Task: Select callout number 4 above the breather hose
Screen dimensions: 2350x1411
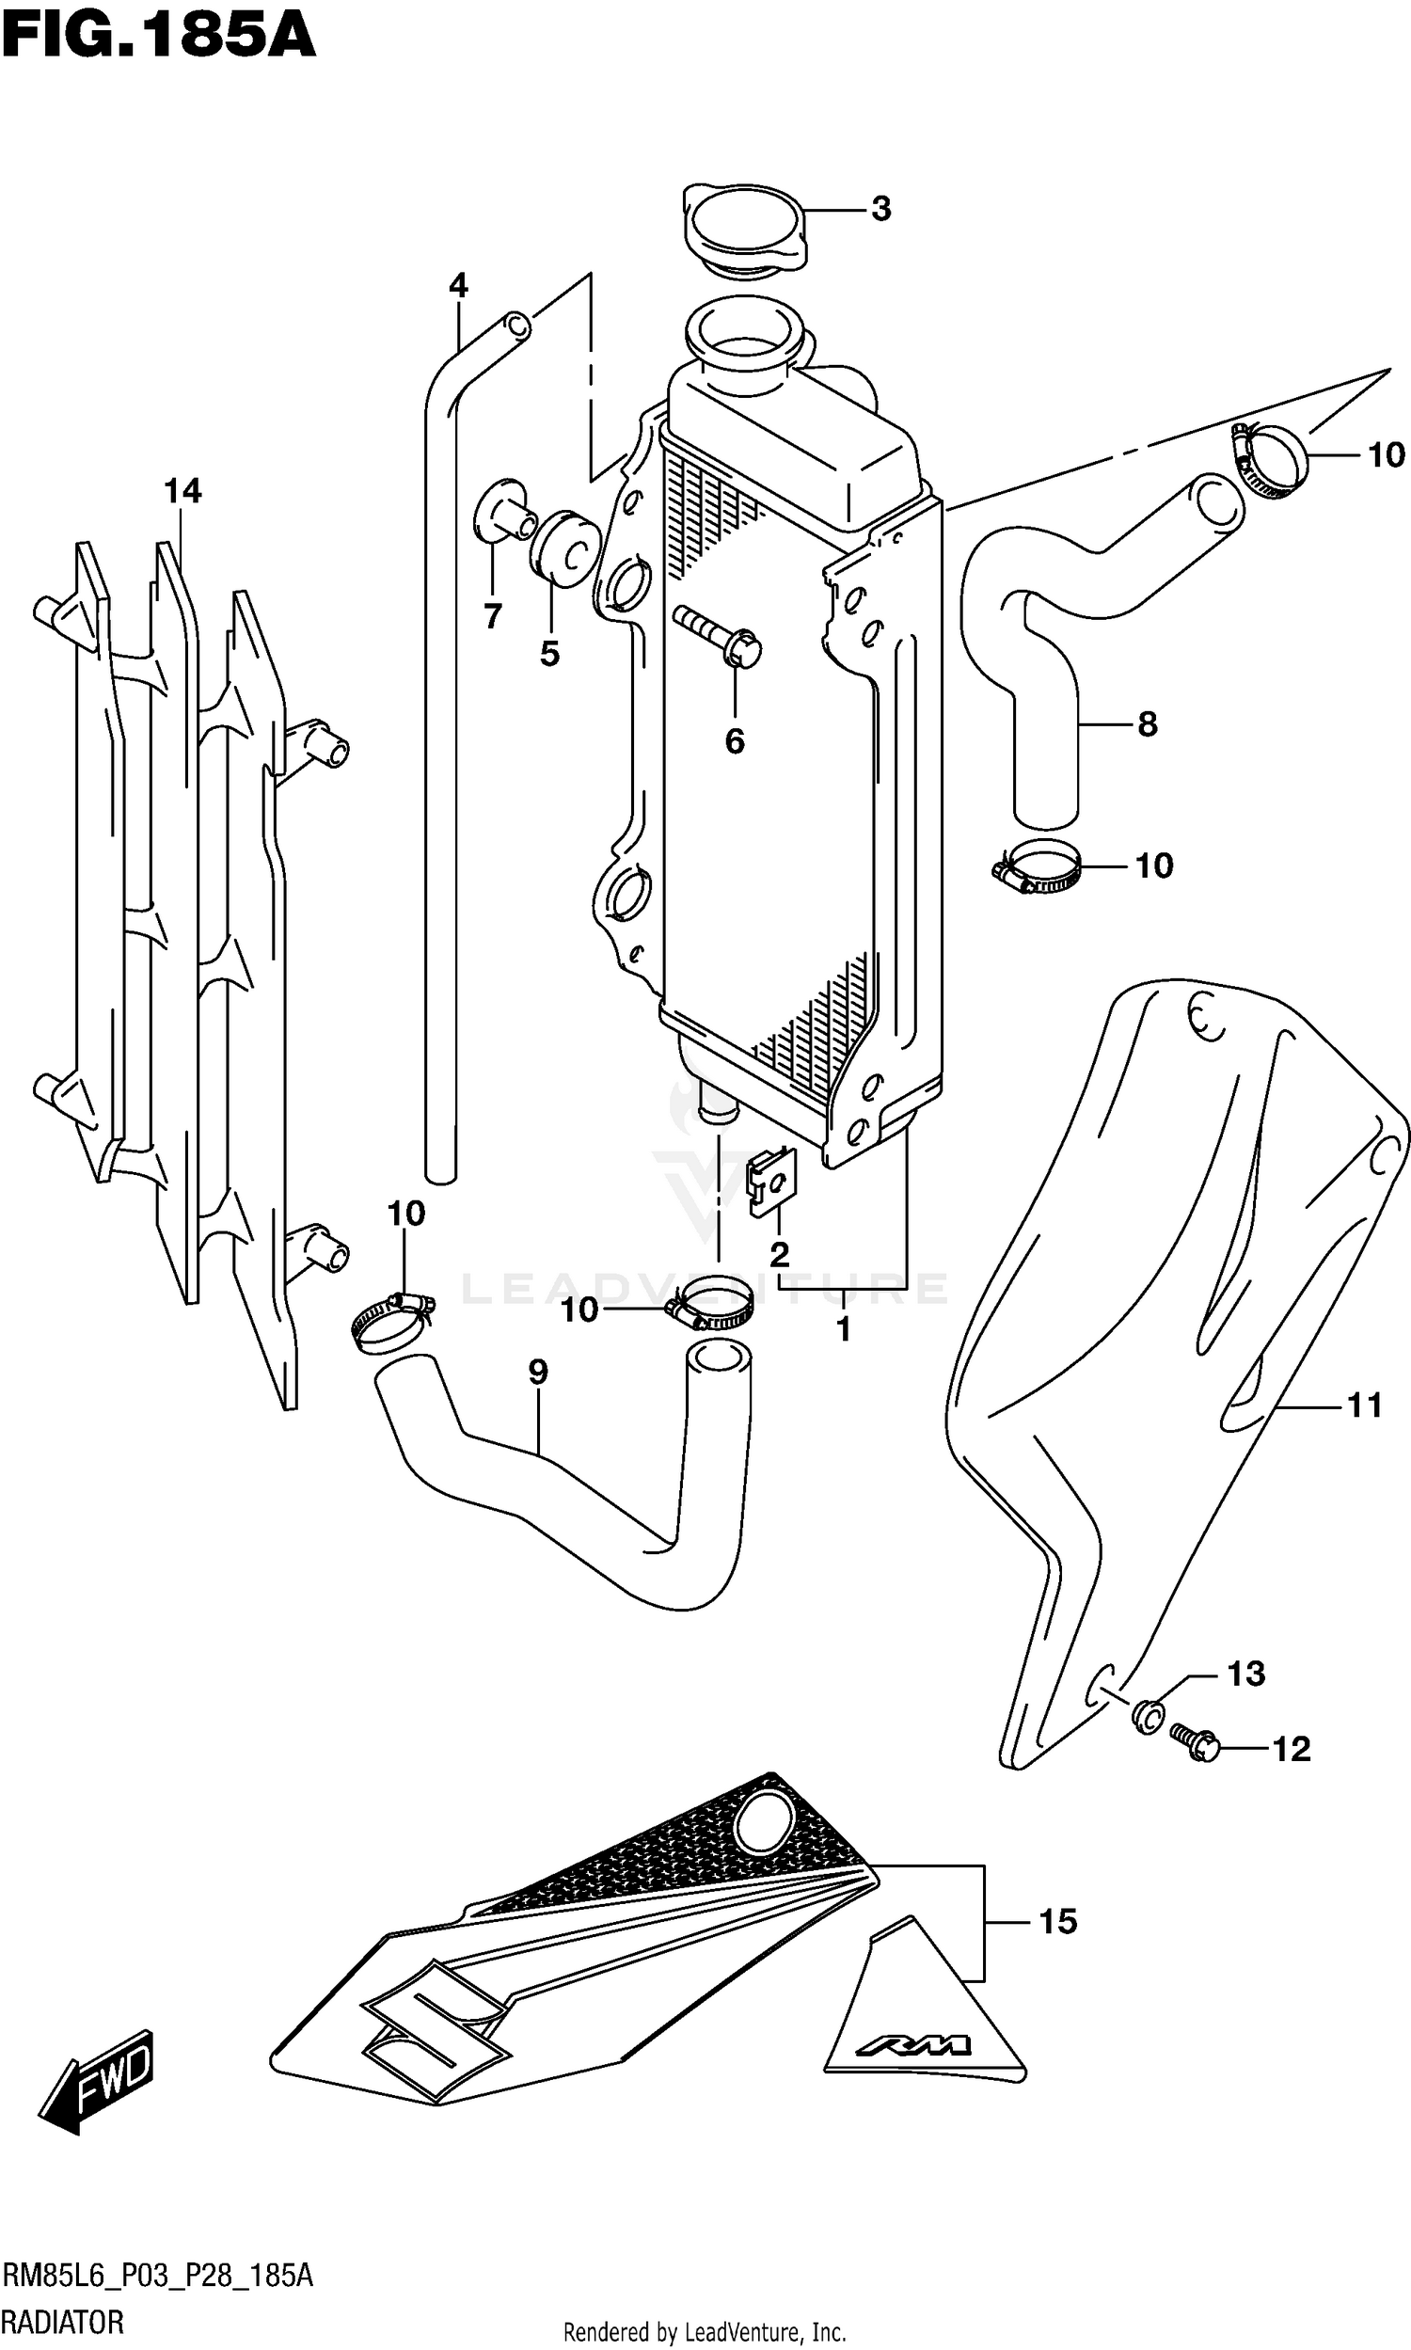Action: (x=458, y=284)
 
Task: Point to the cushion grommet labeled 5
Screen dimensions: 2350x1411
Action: (x=563, y=552)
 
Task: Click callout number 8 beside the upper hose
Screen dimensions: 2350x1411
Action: (x=1148, y=724)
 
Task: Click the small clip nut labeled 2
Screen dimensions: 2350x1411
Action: (x=773, y=1182)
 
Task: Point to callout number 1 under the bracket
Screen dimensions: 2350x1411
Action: (x=844, y=1329)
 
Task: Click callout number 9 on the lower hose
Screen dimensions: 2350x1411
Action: (x=538, y=1372)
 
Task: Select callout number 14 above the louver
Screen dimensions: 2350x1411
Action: (x=182, y=490)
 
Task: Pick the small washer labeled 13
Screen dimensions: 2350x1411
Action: (x=1149, y=1714)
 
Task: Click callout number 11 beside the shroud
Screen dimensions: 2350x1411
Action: (x=1364, y=1405)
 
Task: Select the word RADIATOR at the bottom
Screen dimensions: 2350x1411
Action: (x=63, y=2323)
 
